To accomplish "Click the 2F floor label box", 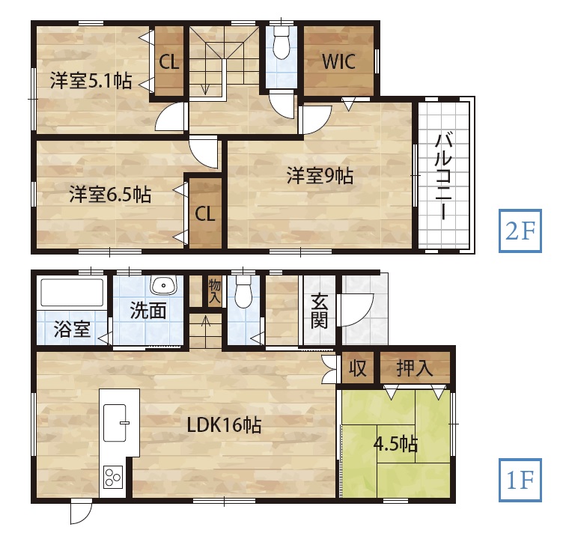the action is tap(520, 231).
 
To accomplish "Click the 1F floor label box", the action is tap(520, 480).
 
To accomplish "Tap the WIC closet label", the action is tap(338, 61).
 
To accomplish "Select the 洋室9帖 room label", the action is tap(320, 176).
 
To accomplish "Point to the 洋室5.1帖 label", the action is tap(91, 80).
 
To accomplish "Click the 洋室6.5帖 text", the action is tap(110, 194).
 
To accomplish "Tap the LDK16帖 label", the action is tap(224, 425).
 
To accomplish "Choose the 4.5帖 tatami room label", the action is tap(396, 444).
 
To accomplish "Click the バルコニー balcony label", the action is tap(444, 176).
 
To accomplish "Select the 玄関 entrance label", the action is tap(319, 311).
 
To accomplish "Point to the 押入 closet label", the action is tap(415, 368).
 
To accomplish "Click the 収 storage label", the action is tap(358, 368).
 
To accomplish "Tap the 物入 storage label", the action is tap(214, 292).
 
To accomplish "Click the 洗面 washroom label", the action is tap(148, 310).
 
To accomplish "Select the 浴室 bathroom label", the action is tap(72, 329).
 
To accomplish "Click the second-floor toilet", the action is tap(281, 43).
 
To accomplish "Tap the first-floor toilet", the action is tap(243, 291).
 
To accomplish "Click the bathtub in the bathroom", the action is tap(72, 293).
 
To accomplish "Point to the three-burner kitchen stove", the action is tap(113, 477).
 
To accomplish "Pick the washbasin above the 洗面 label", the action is tap(164, 285).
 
